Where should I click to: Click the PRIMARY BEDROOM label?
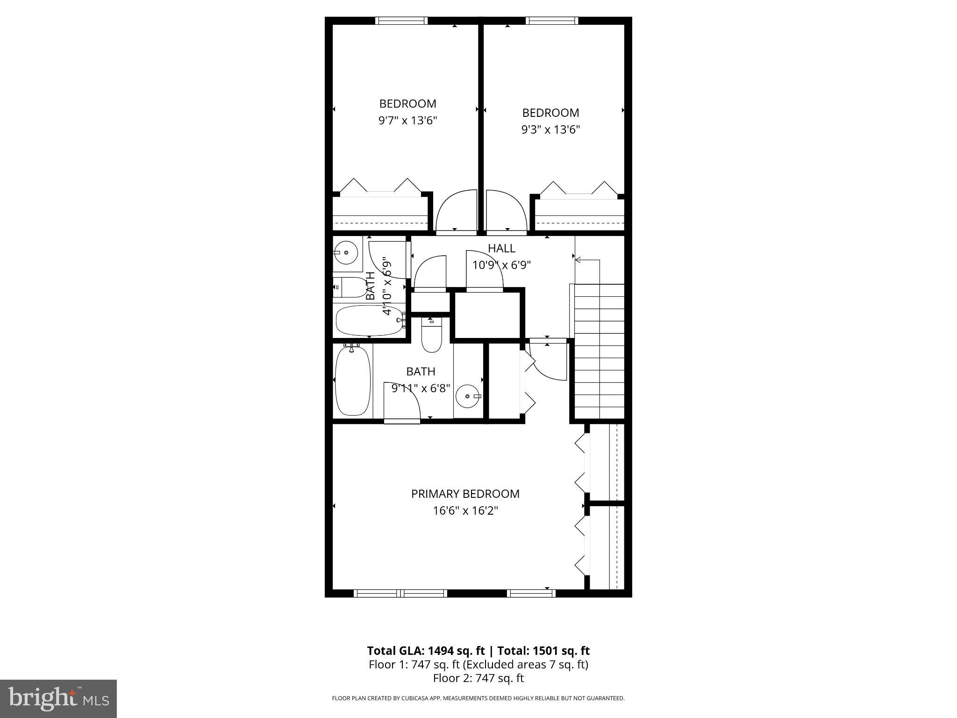[465, 494]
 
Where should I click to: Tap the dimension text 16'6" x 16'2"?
[465, 511]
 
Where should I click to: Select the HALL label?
[501, 248]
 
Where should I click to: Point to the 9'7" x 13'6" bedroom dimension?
[407, 121]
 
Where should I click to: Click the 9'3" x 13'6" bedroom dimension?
[550, 129]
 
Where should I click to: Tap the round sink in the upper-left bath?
[346, 253]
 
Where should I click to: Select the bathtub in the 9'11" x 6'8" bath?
[353, 380]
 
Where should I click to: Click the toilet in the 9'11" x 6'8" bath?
[431, 335]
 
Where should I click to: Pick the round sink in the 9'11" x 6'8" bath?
[467, 396]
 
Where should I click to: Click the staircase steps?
[599, 351]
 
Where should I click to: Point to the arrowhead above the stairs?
[578, 260]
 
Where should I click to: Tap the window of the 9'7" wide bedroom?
[401, 21]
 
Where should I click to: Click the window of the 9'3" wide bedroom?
[551, 21]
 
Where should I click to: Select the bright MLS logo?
[58, 698]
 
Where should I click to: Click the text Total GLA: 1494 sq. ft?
[426, 651]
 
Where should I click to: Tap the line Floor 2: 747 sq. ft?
[478, 678]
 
